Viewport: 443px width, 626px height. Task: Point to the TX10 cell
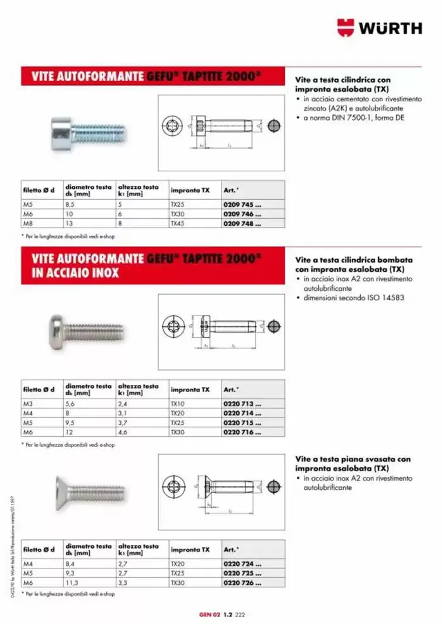pyautogui.click(x=177, y=403)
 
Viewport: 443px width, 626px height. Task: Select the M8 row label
pyautogui.click(x=28, y=223)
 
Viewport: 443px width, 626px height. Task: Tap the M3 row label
pyautogui.click(x=28, y=403)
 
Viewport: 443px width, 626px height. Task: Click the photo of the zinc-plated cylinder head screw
pyautogui.click(x=87, y=132)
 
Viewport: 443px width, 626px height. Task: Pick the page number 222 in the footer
pyautogui.click(x=240, y=614)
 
